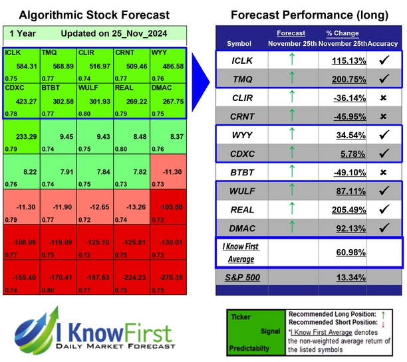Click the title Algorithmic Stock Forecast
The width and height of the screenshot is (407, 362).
94,14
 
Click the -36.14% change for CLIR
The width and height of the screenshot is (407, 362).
346,98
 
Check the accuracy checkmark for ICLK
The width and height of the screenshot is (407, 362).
385,60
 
